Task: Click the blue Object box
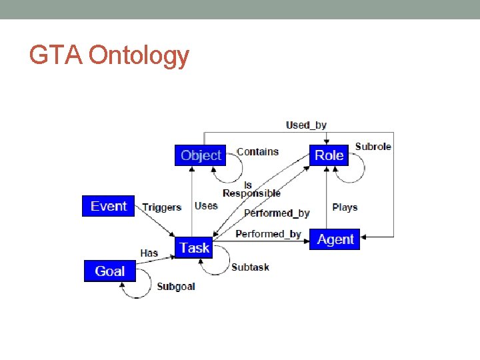pyautogui.click(x=201, y=155)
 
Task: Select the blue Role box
pyautogui.click(x=329, y=155)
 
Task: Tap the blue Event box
pyautogui.click(x=109, y=206)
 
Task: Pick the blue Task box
pyautogui.click(x=195, y=248)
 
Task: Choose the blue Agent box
pyautogui.click(x=335, y=239)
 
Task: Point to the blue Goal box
pyautogui.click(x=109, y=271)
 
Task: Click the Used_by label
pyautogui.click(x=306, y=125)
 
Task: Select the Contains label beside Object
pyautogui.click(x=257, y=152)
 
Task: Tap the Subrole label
pyautogui.click(x=373, y=147)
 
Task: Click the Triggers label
pyautogui.click(x=162, y=207)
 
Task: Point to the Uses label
pyautogui.click(x=206, y=206)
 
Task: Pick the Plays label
pyautogui.click(x=345, y=207)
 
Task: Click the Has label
pyautogui.click(x=149, y=253)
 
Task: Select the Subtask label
pyautogui.click(x=250, y=267)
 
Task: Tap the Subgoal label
pyautogui.click(x=176, y=287)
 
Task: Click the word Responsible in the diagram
pyautogui.click(x=251, y=193)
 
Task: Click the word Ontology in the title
pyautogui.click(x=139, y=55)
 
